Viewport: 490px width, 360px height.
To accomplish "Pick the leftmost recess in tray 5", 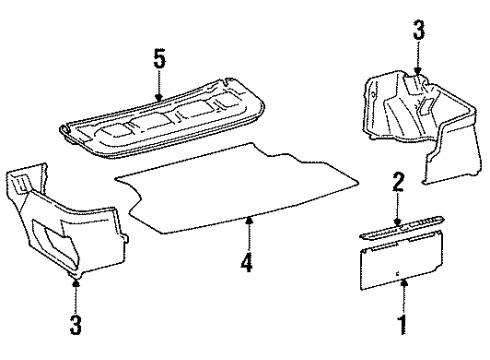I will [105, 127].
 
